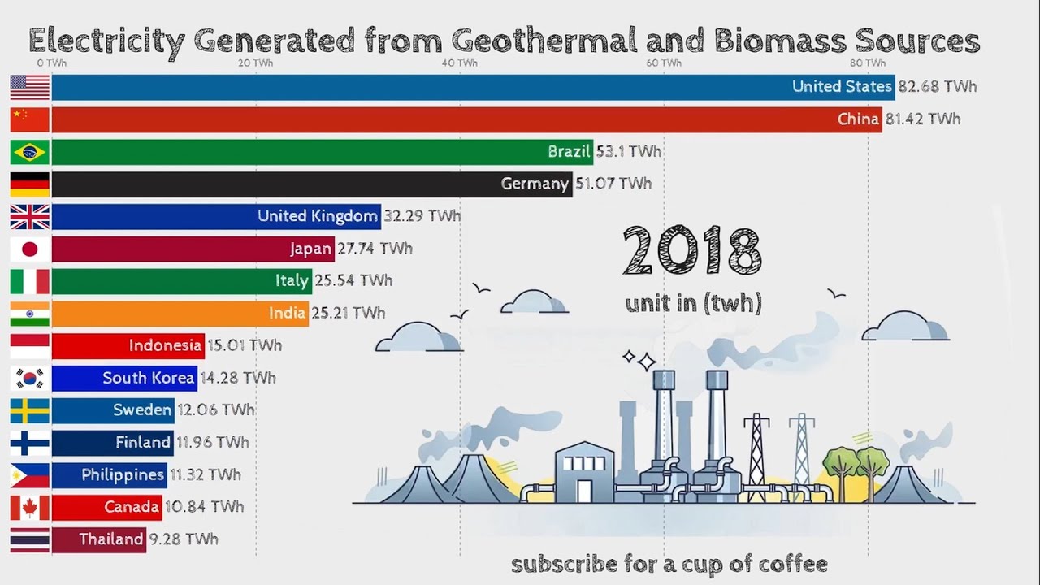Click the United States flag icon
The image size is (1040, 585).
click(30, 87)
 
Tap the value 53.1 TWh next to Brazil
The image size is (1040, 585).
click(629, 152)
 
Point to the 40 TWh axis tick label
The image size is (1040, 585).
click(460, 63)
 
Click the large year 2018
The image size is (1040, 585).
click(692, 252)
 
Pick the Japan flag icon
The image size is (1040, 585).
click(30, 249)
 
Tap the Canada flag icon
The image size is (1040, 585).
click(30, 508)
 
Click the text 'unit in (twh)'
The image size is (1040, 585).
click(693, 304)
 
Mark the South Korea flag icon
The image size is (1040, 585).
click(30, 378)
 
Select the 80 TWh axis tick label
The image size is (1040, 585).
click(868, 63)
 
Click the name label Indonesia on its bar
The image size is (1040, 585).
click(165, 345)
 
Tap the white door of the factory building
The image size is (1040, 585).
click(584, 490)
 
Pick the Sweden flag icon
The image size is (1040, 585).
click(30, 410)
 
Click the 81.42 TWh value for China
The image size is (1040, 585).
click(923, 119)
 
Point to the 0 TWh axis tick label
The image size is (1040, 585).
click(52, 63)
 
